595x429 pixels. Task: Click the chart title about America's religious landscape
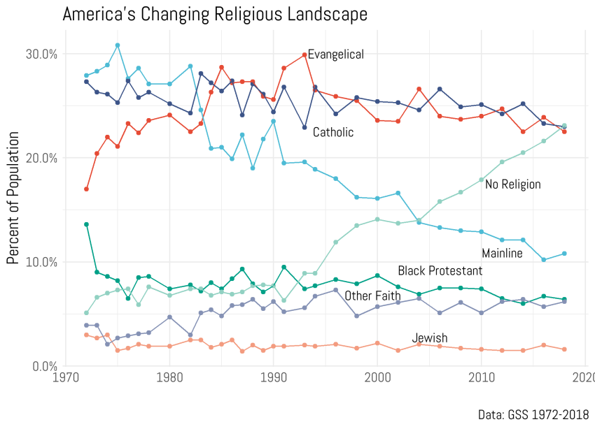pyautogui.click(x=215, y=14)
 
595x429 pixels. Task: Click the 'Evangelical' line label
pyautogui.click(x=336, y=54)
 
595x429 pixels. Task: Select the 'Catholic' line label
pyautogui.click(x=333, y=132)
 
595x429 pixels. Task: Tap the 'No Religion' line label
pyautogui.click(x=513, y=184)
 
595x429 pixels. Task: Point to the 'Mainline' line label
pyautogui.click(x=502, y=253)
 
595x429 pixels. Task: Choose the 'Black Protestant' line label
pyautogui.click(x=440, y=271)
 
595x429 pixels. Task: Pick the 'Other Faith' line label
pyautogui.click(x=372, y=296)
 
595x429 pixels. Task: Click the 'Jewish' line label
pyautogui.click(x=429, y=338)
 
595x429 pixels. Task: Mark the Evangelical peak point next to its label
pyautogui.click(x=304, y=54)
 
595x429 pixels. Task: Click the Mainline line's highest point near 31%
pyautogui.click(x=118, y=45)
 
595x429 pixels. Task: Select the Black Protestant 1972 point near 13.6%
pyautogui.click(x=86, y=224)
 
